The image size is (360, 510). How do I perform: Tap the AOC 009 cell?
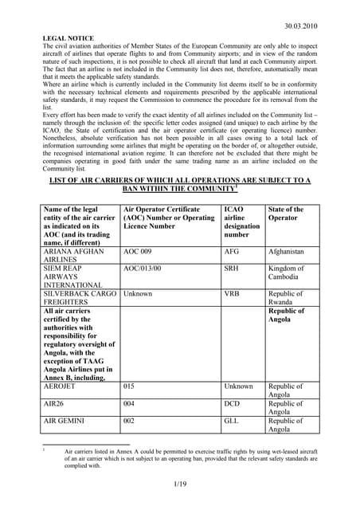pyautogui.click(x=137, y=251)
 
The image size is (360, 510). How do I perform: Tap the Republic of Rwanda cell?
pyautogui.click(x=287, y=298)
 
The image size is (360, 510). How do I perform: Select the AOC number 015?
pyautogui.click(x=129, y=386)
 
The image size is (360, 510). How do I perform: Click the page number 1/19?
pyautogui.click(x=180, y=483)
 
